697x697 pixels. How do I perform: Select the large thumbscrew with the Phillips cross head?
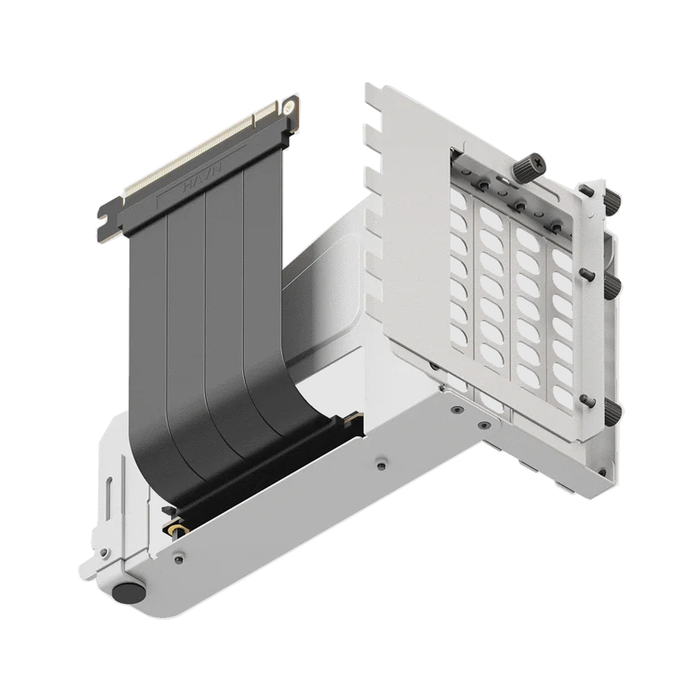[x=529, y=165]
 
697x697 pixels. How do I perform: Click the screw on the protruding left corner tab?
[x=103, y=552]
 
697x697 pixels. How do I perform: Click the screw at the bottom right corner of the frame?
[x=602, y=472]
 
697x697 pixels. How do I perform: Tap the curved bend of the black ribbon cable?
[x=174, y=457]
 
